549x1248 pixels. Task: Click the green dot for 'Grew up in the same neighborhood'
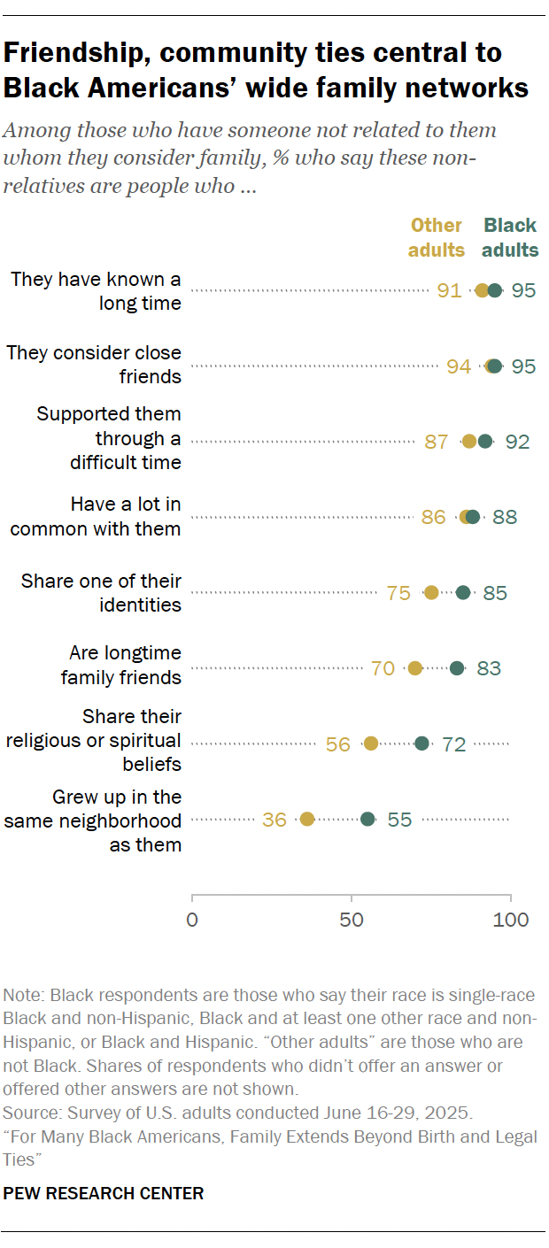coord(367,820)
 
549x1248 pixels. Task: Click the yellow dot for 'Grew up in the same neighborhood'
coord(307,820)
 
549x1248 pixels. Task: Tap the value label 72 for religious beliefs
coord(454,744)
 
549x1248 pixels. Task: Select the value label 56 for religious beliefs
coord(338,744)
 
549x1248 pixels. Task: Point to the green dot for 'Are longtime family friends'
coord(457,668)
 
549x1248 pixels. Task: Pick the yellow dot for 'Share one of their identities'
coord(431,593)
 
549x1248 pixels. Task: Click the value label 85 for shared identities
coord(495,593)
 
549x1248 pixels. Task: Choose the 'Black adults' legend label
coord(511,237)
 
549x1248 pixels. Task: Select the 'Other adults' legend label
coord(437,237)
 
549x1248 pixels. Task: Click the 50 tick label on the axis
coord(352,920)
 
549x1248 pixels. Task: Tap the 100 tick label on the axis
coord(511,920)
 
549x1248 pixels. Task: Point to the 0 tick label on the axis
coord(192,920)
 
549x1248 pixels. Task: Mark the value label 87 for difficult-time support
coord(437,442)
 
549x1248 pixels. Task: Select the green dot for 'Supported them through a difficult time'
coord(485,442)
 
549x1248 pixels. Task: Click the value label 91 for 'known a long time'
coord(449,290)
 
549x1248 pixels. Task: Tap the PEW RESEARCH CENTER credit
coord(104,1194)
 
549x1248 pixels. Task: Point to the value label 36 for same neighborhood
coord(274,820)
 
